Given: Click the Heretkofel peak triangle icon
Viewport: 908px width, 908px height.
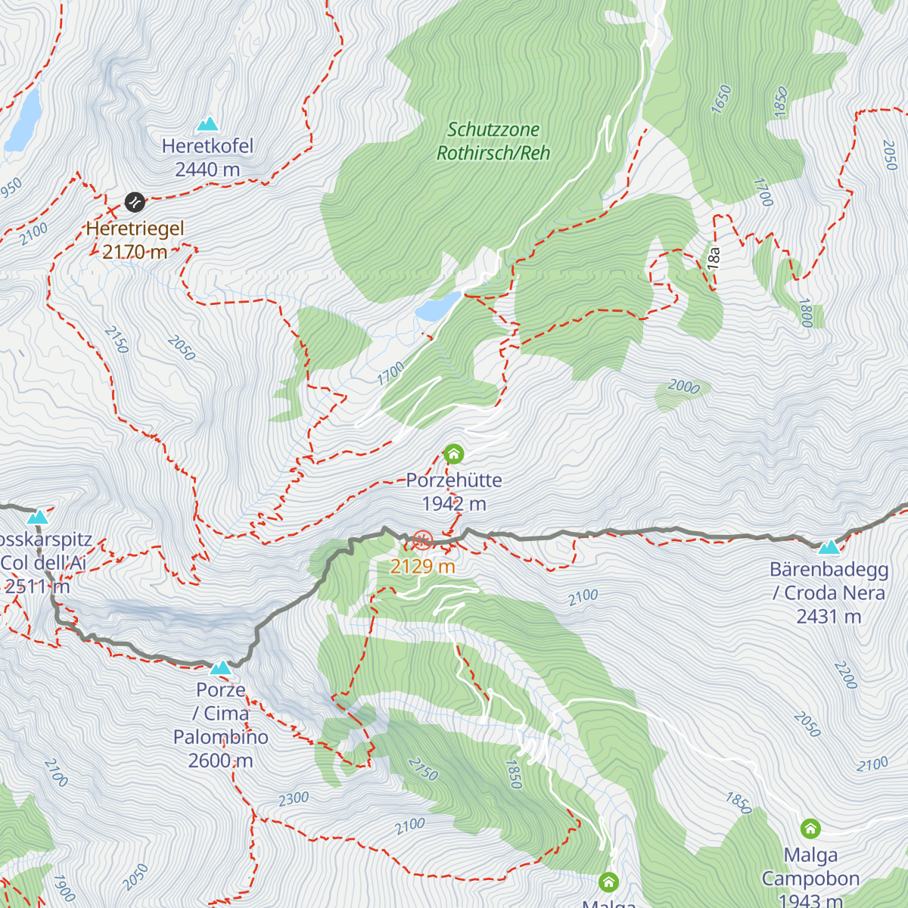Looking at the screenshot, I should tap(207, 123).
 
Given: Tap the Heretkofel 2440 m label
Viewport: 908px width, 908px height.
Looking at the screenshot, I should tap(207, 158).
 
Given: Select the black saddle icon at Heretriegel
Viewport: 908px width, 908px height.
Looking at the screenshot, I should tap(134, 202).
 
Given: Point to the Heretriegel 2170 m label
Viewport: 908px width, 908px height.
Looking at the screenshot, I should tap(135, 240).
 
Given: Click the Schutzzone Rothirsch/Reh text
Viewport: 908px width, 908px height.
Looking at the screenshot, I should tap(493, 141).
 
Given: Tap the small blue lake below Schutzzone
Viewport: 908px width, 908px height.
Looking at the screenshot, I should tap(437, 306).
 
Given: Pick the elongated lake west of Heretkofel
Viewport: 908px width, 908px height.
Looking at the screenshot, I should tap(24, 120).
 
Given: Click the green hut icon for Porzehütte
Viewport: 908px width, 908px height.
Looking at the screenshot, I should tap(453, 454).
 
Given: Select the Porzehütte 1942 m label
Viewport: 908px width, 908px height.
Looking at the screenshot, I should tap(454, 492).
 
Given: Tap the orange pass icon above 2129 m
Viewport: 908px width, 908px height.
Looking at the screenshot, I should tap(422, 540).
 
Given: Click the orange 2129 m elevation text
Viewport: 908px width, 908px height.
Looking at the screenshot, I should tap(422, 566).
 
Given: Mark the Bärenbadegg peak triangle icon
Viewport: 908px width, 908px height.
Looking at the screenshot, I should tap(829, 546).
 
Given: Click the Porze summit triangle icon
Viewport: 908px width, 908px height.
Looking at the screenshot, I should tap(220, 667).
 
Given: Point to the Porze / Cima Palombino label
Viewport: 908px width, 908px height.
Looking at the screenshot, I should tap(221, 725).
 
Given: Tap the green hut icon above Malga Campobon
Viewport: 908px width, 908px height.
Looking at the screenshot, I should tap(810, 829).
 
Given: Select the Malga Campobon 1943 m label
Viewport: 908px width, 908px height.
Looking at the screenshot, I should tap(810, 878).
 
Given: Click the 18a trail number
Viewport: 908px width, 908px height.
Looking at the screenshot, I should tap(714, 258).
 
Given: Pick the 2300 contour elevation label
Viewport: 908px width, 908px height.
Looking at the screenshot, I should tap(294, 798).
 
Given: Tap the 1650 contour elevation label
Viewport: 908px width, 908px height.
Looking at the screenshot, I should tap(722, 99).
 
